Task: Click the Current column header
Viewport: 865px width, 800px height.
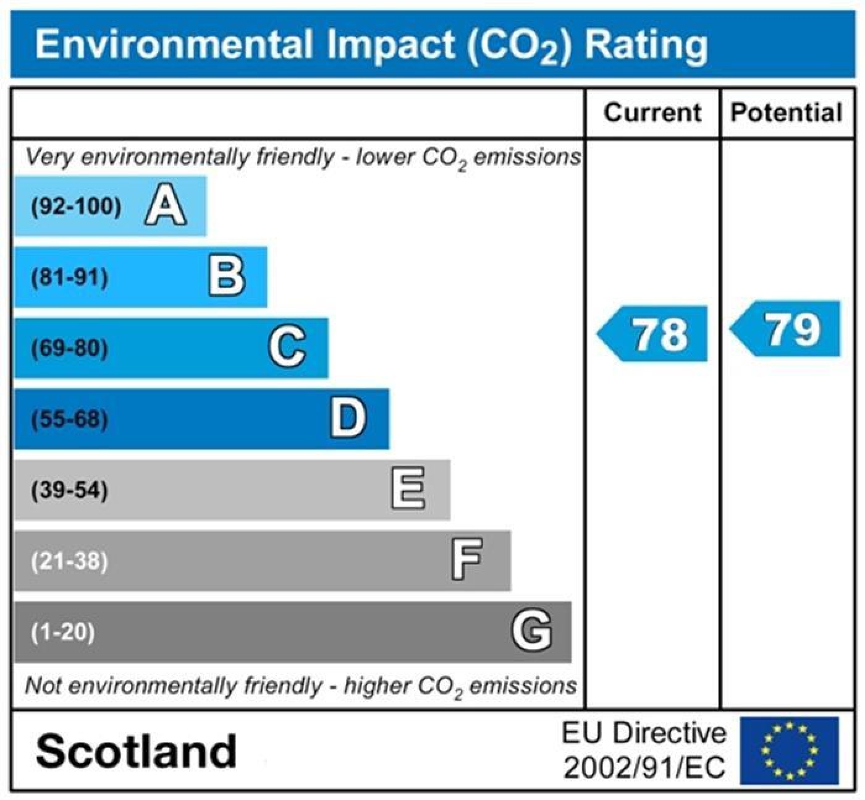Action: (x=652, y=113)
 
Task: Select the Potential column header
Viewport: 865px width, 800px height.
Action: (x=786, y=113)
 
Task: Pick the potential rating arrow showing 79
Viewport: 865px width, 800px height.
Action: (x=786, y=329)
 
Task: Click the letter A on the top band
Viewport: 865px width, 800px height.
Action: (x=165, y=206)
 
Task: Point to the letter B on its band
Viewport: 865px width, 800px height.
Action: (x=226, y=277)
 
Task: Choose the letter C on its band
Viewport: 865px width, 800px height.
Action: (x=287, y=347)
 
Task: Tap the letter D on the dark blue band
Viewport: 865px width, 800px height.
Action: (x=348, y=419)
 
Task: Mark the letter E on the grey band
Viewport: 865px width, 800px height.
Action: (x=408, y=490)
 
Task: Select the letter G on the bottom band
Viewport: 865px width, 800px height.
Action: (x=531, y=631)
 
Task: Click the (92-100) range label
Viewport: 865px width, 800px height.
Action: (x=76, y=206)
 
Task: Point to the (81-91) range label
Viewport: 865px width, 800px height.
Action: (x=70, y=278)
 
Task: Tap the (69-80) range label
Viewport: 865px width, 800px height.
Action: (x=70, y=349)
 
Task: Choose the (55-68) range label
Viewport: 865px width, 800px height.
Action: (x=70, y=420)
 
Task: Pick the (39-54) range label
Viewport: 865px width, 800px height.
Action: (x=70, y=491)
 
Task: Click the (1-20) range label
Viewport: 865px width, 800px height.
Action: (x=63, y=632)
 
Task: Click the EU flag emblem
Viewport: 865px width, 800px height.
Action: (x=790, y=751)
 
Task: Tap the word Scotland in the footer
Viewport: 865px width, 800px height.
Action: (x=136, y=751)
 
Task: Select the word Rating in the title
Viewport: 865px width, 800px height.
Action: (x=645, y=45)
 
